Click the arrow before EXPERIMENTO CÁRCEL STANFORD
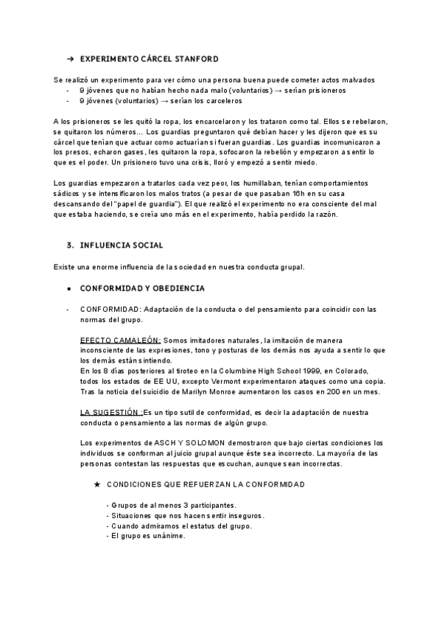click(x=69, y=58)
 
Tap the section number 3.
click(x=69, y=244)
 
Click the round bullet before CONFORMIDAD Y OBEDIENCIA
click(x=69, y=287)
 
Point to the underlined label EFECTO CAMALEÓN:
click(x=120, y=340)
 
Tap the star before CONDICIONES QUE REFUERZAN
click(x=97, y=484)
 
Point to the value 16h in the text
click(x=310, y=193)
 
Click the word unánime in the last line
click(x=167, y=536)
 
